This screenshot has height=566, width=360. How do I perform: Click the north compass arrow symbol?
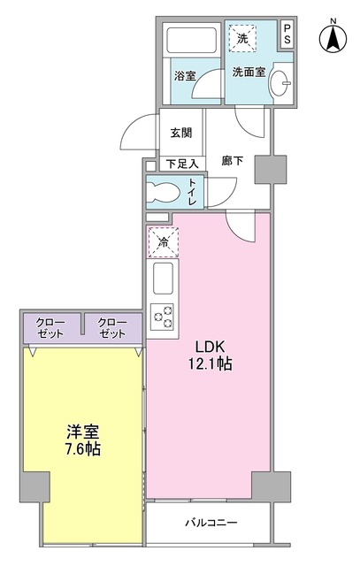[x=333, y=36]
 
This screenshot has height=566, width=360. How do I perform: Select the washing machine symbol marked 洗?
[x=241, y=38]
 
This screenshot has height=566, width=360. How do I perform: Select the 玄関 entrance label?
[x=181, y=133]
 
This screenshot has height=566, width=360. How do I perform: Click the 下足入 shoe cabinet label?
[x=181, y=163]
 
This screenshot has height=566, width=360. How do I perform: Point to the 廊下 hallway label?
[x=232, y=162]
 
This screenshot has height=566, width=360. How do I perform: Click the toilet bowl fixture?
[x=165, y=191]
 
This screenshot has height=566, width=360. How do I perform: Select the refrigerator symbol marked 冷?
[x=164, y=241]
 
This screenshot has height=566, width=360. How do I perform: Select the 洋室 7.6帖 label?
[x=81, y=440]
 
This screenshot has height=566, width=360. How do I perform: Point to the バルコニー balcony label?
[x=211, y=523]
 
